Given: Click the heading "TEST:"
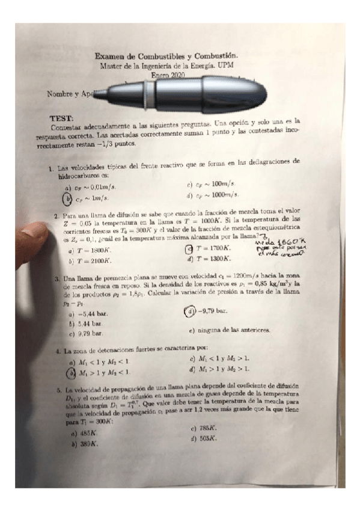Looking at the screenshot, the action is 66,120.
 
